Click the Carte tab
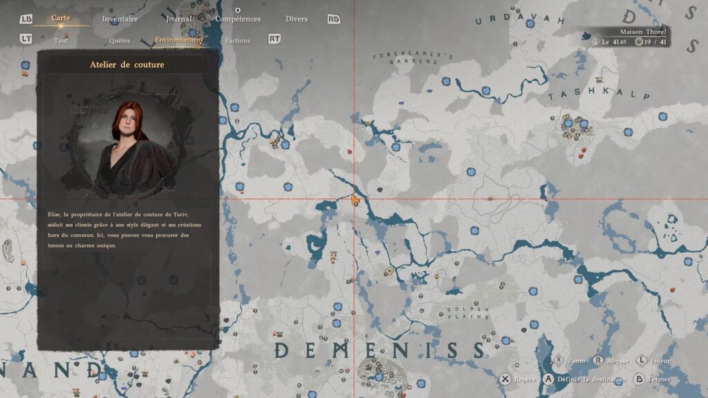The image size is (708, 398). coord(61,18)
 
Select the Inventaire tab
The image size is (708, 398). coord(120,19)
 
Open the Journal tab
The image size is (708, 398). coord(179,19)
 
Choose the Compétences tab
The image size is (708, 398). coord(238,19)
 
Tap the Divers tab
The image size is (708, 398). coord(296,19)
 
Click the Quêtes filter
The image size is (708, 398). coord(119,41)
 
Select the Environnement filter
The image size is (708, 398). coord(179,40)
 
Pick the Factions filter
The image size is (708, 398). coord(237,41)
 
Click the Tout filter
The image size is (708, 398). coord(61,41)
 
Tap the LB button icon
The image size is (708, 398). coord(26,19)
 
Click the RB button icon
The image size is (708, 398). coord(334,19)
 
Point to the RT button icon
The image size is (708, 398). coord(274,39)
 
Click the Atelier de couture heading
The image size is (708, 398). coord(127,65)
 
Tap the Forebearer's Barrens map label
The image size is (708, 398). coord(412,59)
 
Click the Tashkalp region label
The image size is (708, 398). coord(580,95)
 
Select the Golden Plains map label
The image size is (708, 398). coord(468,313)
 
